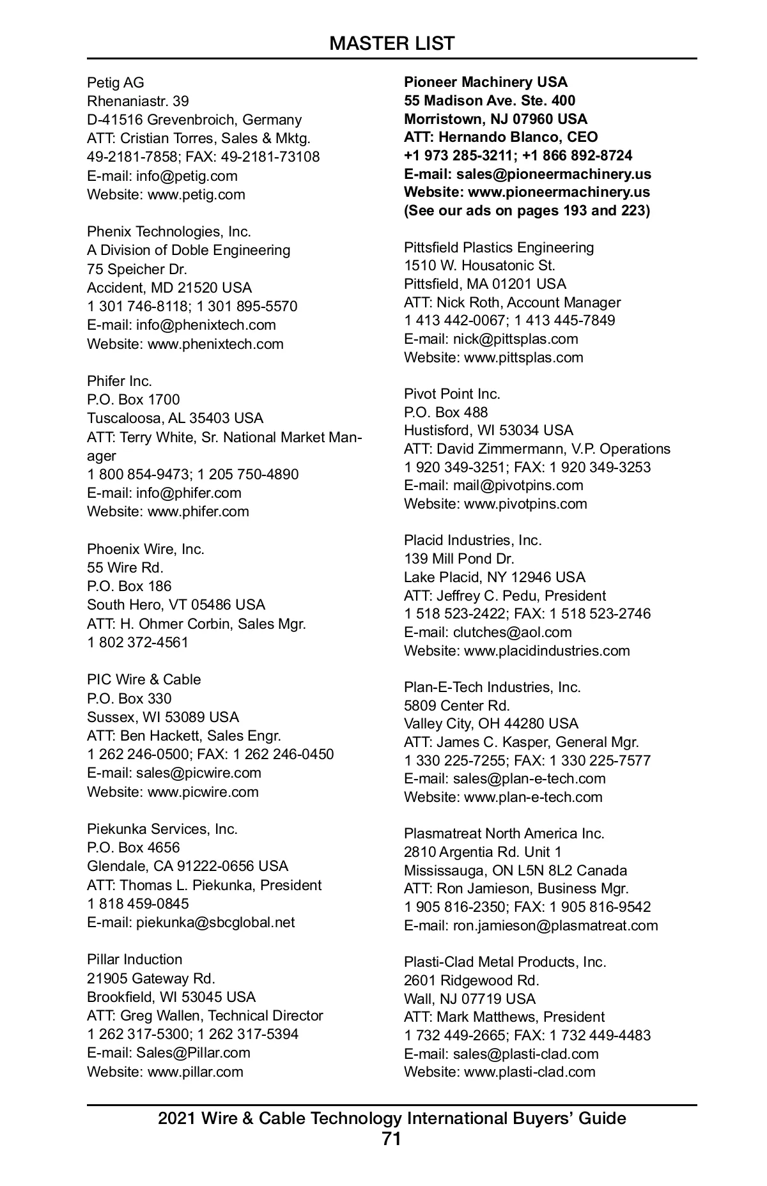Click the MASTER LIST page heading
(x=392, y=43)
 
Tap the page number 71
(x=391, y=1139)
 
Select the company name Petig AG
(x=116, y=82)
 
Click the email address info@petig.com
(x=186, y=176)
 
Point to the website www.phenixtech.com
(x=215, y=344)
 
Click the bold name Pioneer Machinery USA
(x=486, y=82)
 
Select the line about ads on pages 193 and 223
(x=527, y=210)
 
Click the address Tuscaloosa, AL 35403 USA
(x=175, y=418)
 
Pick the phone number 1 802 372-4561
(x=138, y=642)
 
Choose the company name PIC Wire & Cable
(x=144, y=679)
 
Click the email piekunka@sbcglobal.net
(x=215, y=922)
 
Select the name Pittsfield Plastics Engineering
(x=499, y=247)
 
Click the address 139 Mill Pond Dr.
(x=459, y=558)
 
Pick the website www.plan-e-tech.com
(x=533, y=797)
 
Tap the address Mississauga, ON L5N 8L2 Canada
(x=515, y=870)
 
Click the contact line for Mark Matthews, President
(x=504, y=1017)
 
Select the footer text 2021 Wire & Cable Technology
(x=392, y=1118)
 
